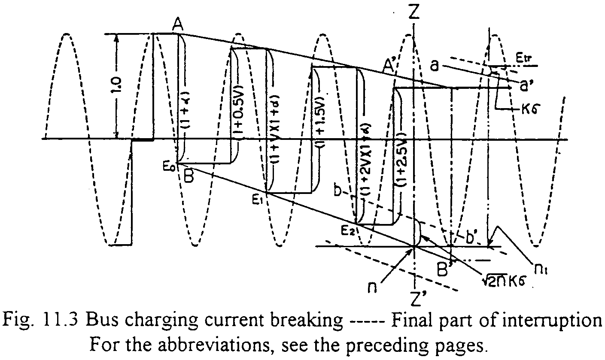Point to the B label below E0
click(x=189, y=175)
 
